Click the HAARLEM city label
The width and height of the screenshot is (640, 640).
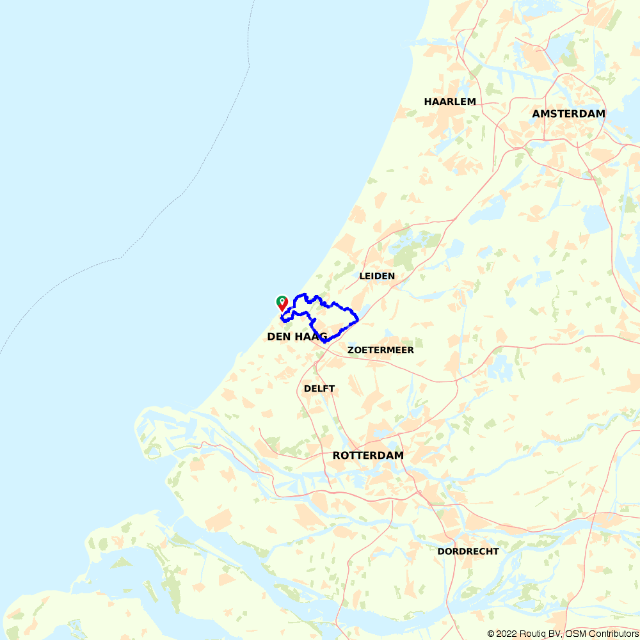tap(450, 102)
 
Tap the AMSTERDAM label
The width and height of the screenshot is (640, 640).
tap(568, 114)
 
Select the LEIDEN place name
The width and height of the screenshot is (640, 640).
tap(377, 276)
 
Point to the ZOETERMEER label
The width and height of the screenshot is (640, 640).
tap(381, 350)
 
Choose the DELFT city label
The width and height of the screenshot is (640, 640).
tap(319, 388)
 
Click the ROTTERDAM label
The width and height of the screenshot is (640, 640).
tap(368, 456)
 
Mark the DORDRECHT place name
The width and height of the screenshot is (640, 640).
tap(468, 551)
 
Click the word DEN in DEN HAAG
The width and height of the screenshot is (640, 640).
tap(279, 336)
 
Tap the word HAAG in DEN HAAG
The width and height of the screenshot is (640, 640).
tap(310, 336)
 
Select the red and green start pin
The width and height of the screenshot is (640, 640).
tap(282, 303)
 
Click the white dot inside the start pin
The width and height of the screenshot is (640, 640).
tap(282, 300)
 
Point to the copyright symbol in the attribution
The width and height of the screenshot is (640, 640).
tap(491, 634)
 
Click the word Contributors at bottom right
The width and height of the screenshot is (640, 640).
tap(613, 634)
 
